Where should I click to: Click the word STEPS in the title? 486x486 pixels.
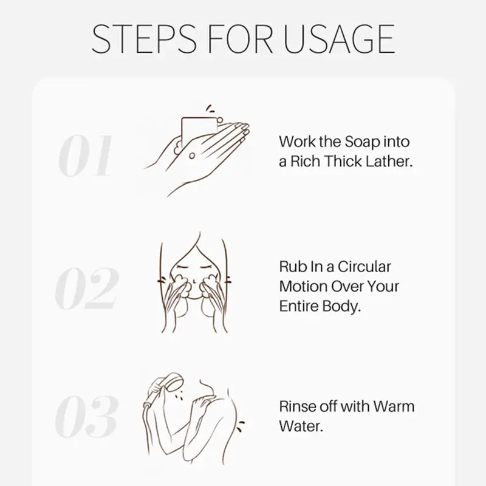(144, 39)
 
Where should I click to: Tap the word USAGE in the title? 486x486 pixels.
(339, 39)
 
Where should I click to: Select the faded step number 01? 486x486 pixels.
(86, 156)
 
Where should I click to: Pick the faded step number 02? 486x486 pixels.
(86, 288)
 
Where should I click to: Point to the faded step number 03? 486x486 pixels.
(86, 416)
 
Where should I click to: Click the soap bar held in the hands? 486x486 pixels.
(199, 130)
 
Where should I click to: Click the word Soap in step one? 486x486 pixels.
(363, 142)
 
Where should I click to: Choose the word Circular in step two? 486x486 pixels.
(364, 267)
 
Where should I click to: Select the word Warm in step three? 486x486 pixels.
(394, 406)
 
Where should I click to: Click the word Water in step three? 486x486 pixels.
(301, 426)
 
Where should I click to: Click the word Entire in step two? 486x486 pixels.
(299, 306)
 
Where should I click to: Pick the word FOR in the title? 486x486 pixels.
(240, 39)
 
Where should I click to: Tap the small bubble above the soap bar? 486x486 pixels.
(219, 119)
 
